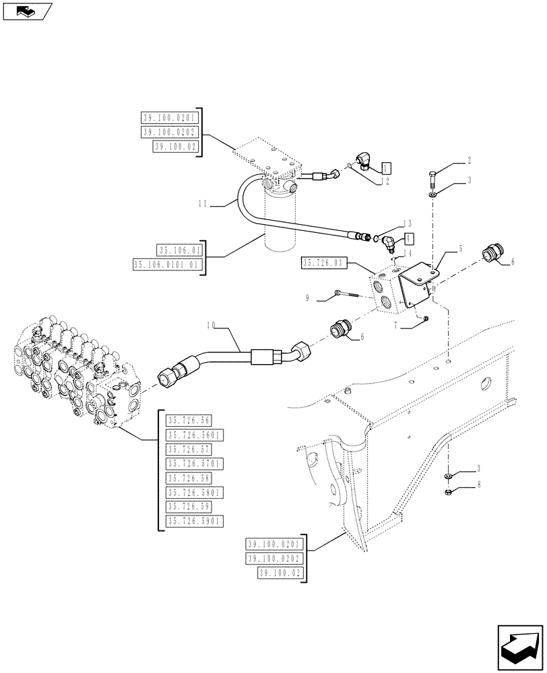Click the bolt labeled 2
point(431,178)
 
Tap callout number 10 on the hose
point(212,325)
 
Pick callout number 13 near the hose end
point(408,223)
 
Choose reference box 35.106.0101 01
point(168,264)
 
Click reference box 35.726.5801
point(195,492)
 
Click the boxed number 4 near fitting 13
point(409,238)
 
